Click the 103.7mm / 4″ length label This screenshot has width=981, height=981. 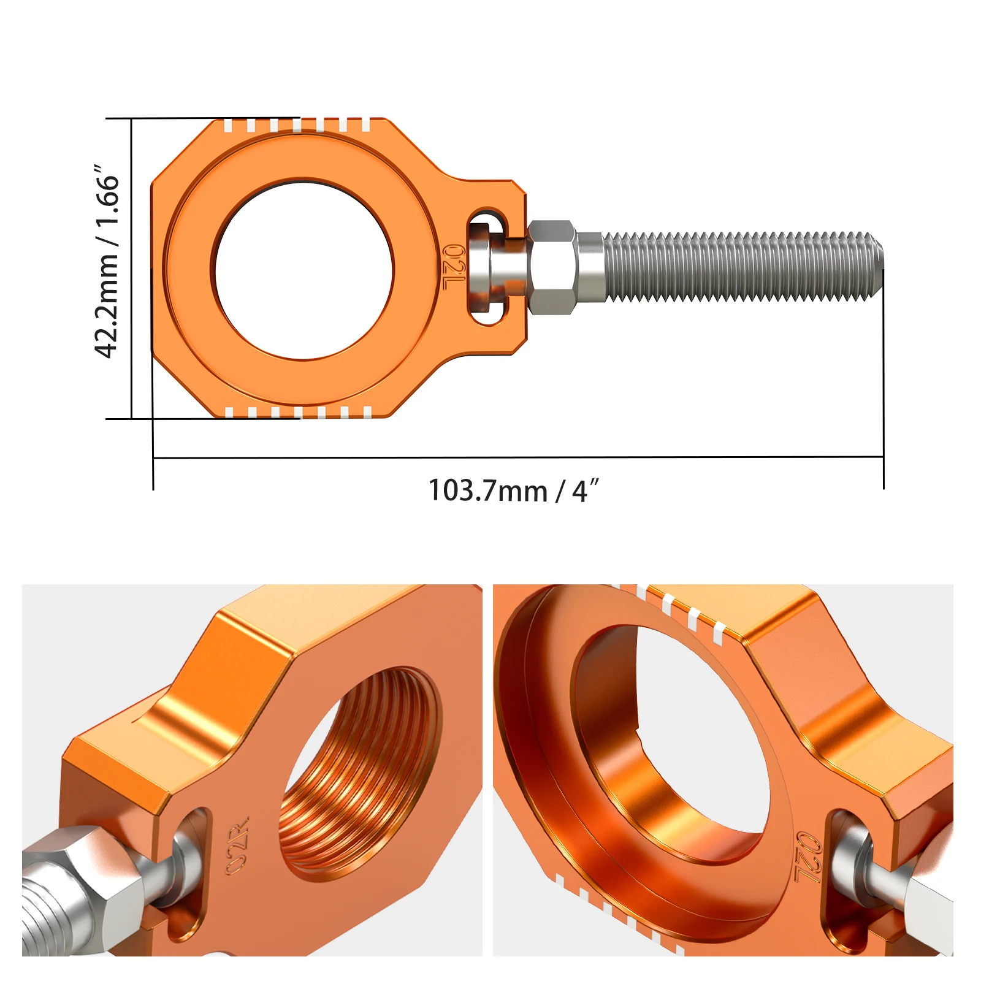513,491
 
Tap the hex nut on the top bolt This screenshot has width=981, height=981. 551,267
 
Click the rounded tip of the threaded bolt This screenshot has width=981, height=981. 878,267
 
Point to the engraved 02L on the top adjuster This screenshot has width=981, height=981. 454,268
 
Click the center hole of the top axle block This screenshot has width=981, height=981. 303,270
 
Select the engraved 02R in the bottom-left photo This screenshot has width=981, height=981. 237,845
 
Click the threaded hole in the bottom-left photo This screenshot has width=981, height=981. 362,766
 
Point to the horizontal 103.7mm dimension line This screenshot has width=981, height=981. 518,457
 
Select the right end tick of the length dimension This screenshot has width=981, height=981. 884,472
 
